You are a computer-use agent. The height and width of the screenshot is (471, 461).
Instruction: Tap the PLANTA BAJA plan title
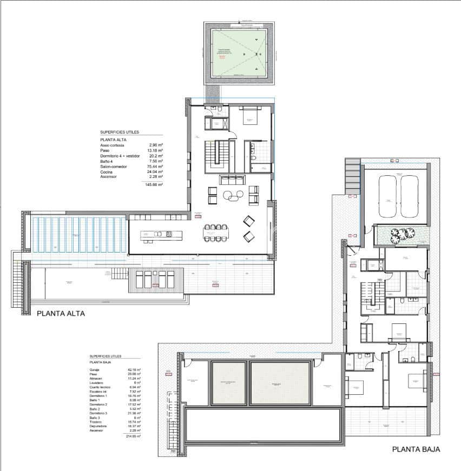(x=416, y=449)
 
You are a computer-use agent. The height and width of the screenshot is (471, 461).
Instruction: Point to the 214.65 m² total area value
(x=133, y=436)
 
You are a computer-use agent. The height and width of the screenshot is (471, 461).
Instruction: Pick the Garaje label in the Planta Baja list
(x=94, y=369)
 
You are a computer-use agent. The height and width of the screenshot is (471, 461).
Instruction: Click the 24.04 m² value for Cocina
(x=156, y=171)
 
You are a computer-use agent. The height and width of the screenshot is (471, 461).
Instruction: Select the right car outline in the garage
(x=411, y=196)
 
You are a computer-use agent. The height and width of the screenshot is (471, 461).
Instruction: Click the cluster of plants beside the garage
(x=402, y=233)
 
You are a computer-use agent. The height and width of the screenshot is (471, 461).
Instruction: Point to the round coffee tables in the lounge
(x=236, y=196)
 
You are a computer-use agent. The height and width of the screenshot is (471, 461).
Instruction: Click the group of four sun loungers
(x=154, y=280)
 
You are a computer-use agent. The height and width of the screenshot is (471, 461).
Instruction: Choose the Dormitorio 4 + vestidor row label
(x=120, y=156)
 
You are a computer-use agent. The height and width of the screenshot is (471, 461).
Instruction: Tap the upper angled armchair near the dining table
(x=249, y=221)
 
